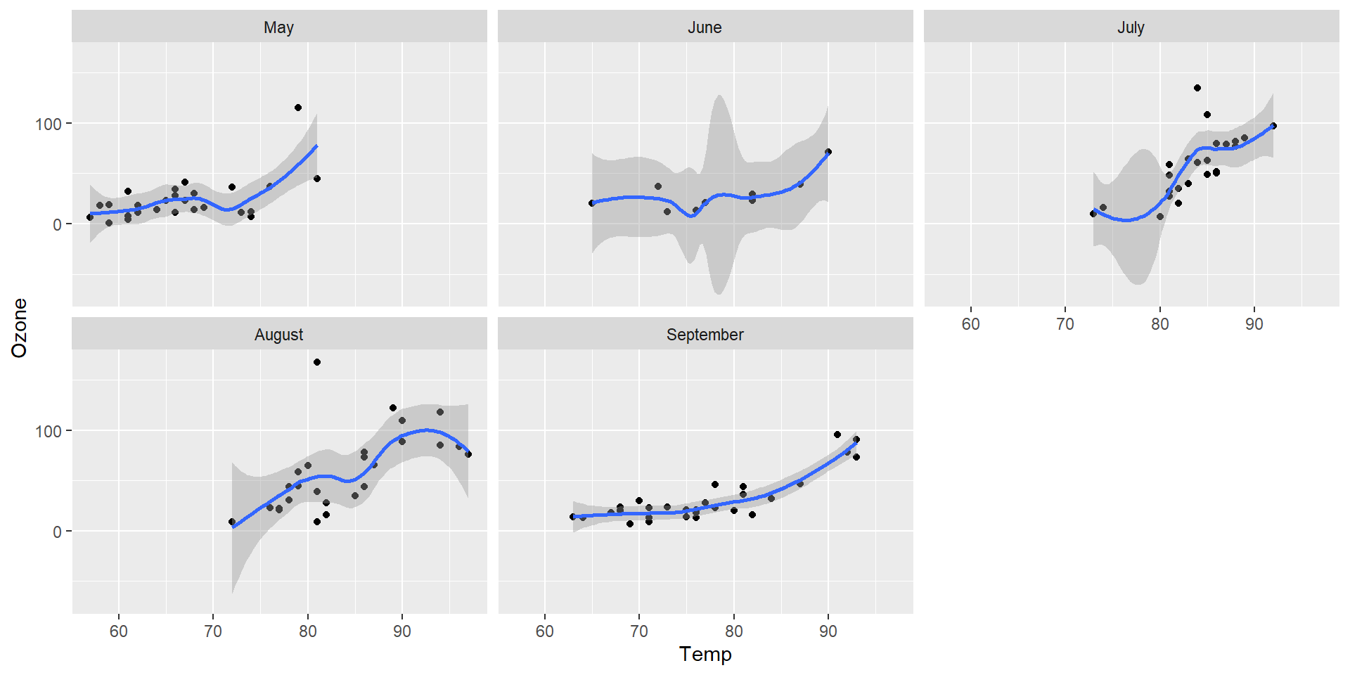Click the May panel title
(278, 27)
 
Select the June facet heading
(705, 27)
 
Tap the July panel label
(1131, 27)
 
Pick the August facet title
(278, 335)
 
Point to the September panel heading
(705, 335)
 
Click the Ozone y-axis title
(20, 328)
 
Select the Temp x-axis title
(705, 654)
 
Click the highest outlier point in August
(317, 362)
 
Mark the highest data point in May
(298, 108)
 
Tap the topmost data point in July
(1197, 88)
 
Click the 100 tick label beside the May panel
(49, 124)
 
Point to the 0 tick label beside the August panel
(57, 532)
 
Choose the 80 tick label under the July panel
(1159, 324)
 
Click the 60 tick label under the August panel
(119, 631)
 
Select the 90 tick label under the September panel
(828, 631)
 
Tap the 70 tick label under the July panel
(1065, 324)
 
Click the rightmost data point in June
(828, 152)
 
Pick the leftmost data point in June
(592, 203)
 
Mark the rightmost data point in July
(1273, 126)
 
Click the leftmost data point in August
(232, 522)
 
